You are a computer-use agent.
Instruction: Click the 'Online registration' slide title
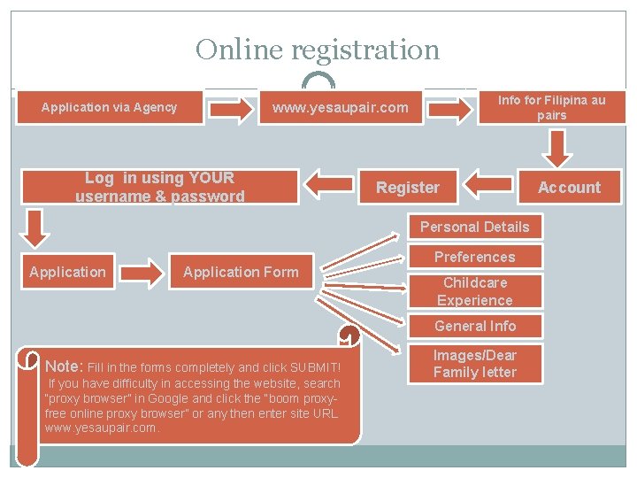pos(318,50)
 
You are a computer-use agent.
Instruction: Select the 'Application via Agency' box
pos(110,108)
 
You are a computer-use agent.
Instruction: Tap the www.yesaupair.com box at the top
pos(340,108)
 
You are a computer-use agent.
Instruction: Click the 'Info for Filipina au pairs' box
pos(551,108)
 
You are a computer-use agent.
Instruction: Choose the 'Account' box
pos(569,188)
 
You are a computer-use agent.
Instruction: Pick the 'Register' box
pos(407,188)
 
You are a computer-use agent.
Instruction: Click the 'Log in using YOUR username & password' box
pos(159,188)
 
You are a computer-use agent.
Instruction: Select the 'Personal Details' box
pos(474,227)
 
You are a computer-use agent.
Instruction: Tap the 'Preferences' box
pos(474,258)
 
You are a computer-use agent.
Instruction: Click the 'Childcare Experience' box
pos(474,291)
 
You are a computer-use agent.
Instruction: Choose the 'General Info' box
pos(474,326)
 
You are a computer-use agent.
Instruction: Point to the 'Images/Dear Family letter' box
pos(474,364)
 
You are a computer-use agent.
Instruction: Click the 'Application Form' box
pos(241,272)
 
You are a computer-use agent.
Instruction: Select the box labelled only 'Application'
pos(67,272)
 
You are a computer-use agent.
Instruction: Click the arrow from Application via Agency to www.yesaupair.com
pos(230,109)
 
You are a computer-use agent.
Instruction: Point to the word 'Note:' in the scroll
pos(63,366)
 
